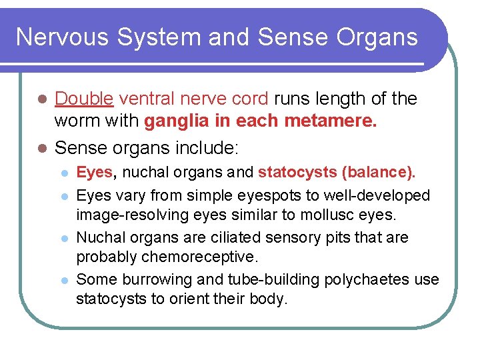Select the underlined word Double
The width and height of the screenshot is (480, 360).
click(x=84, y=99)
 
